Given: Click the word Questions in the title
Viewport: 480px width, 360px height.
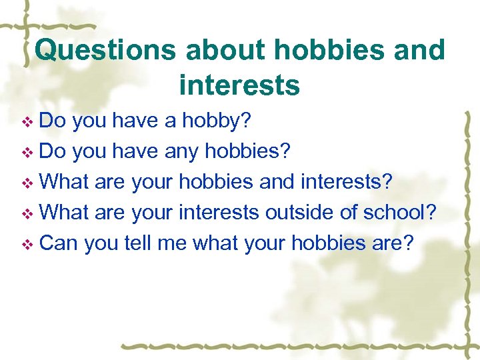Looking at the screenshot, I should pos(106,51).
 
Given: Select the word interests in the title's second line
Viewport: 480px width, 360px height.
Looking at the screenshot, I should pos(239,86).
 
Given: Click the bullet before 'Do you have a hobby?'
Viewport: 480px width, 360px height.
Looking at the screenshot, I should pos(27,122).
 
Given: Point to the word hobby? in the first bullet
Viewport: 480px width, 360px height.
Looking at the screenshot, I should pos(220,121).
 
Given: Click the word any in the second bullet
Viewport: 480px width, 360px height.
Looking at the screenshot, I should pos(182,151).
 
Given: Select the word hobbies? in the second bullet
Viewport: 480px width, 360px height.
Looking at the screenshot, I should pos(248,151).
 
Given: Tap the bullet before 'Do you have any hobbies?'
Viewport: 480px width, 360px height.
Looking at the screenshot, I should pos(27,153).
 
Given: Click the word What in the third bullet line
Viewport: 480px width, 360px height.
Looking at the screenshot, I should pos(65,182).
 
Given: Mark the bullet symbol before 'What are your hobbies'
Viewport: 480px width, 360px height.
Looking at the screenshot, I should pos(27,183).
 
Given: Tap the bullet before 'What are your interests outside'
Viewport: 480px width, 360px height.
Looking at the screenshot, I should pos(27,214).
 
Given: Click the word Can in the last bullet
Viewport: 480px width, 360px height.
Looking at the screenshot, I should pos(59,243).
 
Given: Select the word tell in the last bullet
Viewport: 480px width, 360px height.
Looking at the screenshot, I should pos(138,243).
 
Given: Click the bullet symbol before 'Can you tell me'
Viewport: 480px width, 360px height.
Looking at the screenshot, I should pos(27,245).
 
